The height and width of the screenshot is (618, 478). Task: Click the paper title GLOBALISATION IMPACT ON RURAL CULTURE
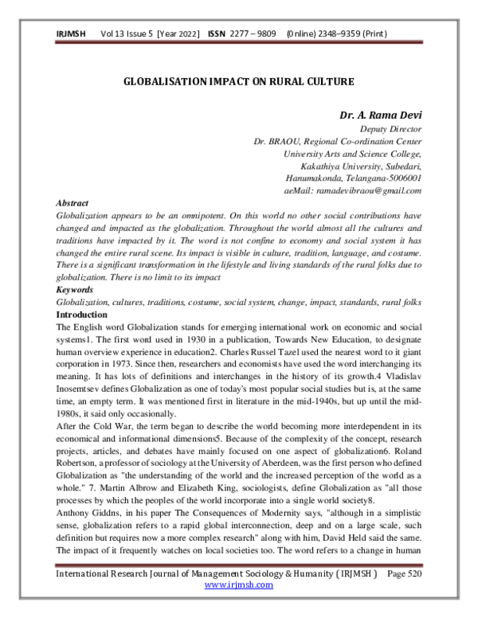pyautogui.click(x=239, y=81)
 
